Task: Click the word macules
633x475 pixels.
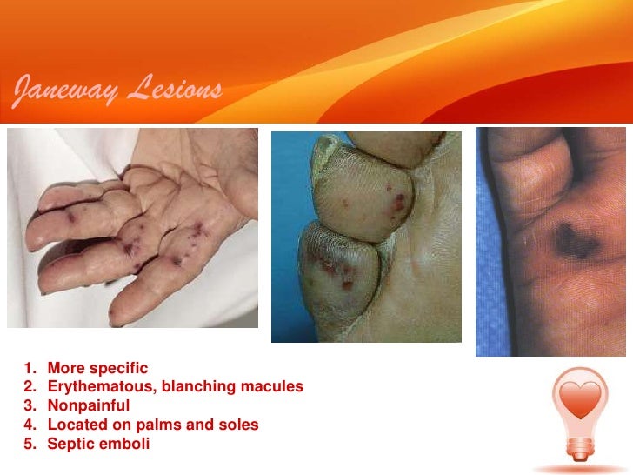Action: point(275,386)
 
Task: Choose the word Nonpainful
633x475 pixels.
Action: point(89,405)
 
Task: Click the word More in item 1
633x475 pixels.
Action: point(65,368)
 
